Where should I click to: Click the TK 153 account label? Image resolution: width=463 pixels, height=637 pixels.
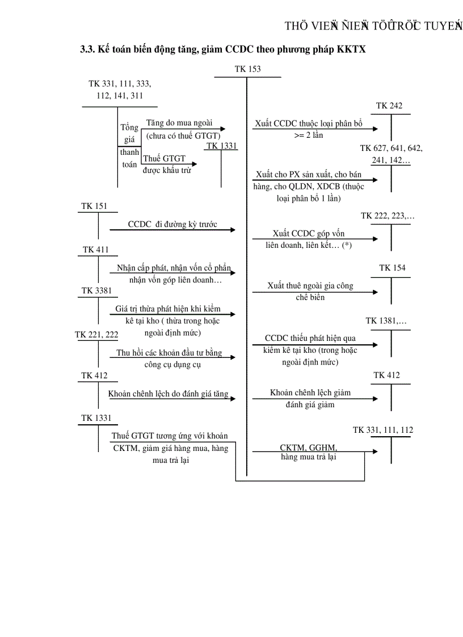248,69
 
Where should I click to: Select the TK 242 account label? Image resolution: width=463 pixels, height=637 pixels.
389,106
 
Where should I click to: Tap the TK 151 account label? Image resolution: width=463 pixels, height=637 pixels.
93,206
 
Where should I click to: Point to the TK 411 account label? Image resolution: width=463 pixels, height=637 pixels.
95,250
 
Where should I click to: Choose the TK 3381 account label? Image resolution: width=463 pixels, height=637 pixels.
96,290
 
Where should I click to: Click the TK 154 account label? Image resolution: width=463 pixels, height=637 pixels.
392,268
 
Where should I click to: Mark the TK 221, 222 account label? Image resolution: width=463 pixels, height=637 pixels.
96,335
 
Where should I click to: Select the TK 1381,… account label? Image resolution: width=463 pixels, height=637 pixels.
386,321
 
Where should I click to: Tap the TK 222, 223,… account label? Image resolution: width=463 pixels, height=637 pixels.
388,216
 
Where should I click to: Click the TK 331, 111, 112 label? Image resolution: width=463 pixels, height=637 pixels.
383,430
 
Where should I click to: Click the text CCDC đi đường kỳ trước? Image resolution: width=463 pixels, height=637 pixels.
172,224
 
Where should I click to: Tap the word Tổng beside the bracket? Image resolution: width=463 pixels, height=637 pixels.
129,127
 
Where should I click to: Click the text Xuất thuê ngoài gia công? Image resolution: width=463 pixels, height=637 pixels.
310,286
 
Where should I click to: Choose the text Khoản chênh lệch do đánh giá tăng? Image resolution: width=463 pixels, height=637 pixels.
168,394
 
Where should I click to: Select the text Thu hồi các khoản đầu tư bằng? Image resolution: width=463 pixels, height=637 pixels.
169,353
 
